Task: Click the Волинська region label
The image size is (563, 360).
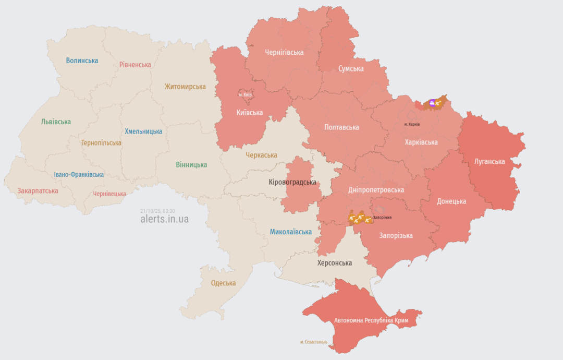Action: coord(82,61)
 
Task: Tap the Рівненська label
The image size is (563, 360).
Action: coord(135,65)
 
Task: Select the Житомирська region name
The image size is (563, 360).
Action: coord(185,87)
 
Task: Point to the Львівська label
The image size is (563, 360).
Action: coord(56,122)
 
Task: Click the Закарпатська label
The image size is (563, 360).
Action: coord(38,191)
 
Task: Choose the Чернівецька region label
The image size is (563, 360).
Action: coord(109,194)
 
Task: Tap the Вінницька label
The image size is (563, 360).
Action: coord(191,165)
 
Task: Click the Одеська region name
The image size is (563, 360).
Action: coord(223,283)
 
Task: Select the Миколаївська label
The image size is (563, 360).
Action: coord(291,232)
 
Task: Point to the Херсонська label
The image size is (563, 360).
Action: coord(335,263)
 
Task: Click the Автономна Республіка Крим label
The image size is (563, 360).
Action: coord(371,320)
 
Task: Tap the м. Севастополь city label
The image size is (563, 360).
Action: coord(314,342)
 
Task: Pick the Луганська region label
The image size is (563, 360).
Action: coord(489,162)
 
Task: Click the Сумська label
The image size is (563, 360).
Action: coord(351,69)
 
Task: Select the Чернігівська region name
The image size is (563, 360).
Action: coord(284,52)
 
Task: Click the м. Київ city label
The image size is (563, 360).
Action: coord(246,95)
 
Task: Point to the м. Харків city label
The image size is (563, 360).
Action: coord(412,124)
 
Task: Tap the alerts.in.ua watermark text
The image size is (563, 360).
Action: coord(164,219)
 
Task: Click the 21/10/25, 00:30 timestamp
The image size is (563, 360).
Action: coord(157,211)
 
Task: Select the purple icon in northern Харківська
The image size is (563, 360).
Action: coord(432,103)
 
